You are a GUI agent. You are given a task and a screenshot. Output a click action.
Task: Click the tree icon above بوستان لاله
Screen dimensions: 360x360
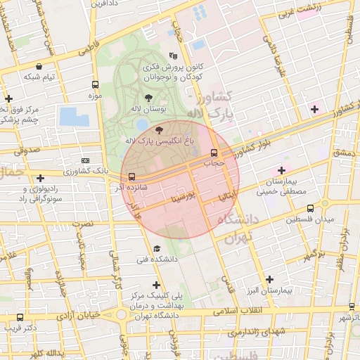click(148, 98)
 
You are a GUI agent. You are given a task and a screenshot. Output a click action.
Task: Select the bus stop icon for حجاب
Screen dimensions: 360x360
click(214, 153)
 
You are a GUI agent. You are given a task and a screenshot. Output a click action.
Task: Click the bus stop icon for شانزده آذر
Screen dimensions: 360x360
click(133, 176)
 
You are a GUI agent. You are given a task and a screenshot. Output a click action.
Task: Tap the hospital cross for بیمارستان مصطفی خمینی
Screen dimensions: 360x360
click(281, 169)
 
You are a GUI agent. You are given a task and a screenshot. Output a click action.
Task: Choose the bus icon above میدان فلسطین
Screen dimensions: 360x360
click(311, 209)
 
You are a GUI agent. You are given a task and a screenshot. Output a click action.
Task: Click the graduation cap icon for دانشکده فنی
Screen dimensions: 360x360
click(156, 248)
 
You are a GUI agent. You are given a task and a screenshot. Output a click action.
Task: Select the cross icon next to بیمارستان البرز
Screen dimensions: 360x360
click(269, 279)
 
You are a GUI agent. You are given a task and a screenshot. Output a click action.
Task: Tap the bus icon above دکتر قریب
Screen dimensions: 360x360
click(20, 317)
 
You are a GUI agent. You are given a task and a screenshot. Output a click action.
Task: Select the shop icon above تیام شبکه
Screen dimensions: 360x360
click(38, 66)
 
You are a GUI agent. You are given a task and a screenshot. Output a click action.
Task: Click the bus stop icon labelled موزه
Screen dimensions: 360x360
click(95, 84)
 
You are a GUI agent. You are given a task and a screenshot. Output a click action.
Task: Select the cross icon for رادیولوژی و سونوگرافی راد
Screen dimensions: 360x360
click(40, 178)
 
